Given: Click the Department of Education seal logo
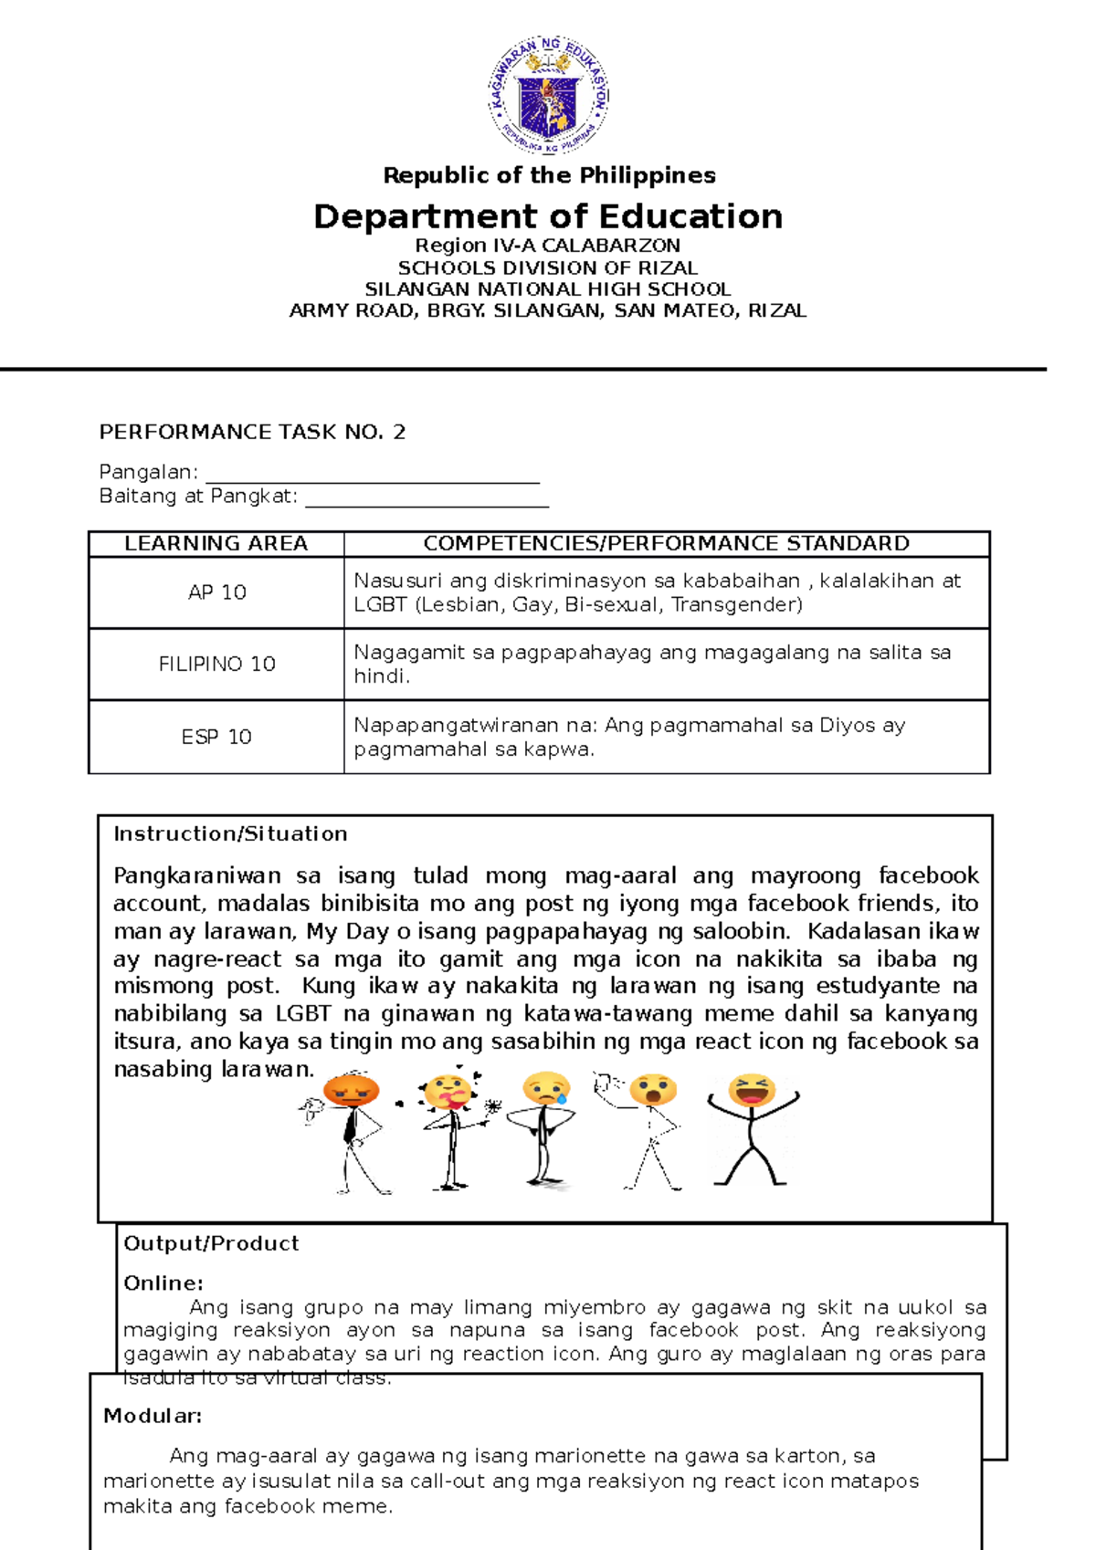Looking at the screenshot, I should click(548, 96).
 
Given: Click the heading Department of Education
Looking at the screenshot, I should click(548, 216).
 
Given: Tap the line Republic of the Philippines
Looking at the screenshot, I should click(549, 175).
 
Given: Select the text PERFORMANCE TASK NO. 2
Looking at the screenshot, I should click(252, 432).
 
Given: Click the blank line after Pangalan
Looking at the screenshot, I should click(373, 475).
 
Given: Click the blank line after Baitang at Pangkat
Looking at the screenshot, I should click(427, 498).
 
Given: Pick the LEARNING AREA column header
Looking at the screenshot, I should click(216, 544).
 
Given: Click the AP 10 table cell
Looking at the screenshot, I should click(216, 592).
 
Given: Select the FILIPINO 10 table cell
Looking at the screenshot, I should click(216, 665).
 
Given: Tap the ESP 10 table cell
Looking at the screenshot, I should click(216, 737).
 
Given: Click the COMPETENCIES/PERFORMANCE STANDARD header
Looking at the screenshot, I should click(666, 544).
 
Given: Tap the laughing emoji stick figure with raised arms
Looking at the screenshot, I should click(752, 1129).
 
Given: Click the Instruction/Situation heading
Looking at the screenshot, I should click(230, 833).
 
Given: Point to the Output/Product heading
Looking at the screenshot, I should click(211, 1243).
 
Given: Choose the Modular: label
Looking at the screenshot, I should click(153, 1416).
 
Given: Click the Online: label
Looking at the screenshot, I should click(163, 1283).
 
